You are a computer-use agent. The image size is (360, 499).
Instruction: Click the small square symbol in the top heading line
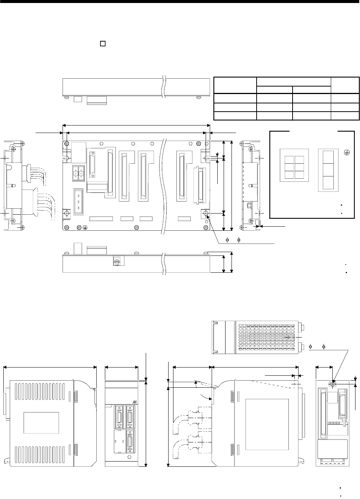pos(102,44)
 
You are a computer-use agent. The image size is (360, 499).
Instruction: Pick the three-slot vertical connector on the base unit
pos(78,202)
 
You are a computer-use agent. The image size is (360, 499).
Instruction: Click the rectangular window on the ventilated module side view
pos(41,422)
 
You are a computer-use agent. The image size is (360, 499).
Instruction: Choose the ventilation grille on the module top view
pos(266,337)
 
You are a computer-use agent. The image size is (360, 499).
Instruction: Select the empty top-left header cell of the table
pos(235,85)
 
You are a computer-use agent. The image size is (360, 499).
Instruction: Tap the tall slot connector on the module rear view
pos(322,414)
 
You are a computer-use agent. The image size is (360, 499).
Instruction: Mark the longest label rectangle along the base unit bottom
pos(101,218)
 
